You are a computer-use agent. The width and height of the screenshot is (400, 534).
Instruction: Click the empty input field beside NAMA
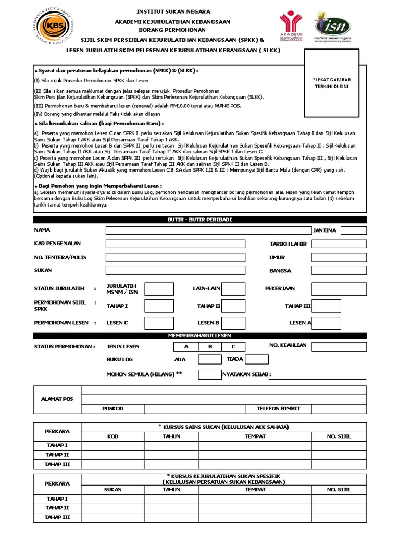point(207,230)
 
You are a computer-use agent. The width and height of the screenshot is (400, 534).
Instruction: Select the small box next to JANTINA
point(354,230)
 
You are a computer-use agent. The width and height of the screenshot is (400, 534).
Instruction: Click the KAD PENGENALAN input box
point(175,244)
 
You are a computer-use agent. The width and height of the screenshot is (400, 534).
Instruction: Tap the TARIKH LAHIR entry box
point(340,244)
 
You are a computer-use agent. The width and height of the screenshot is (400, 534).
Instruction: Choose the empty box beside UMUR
point(340,258)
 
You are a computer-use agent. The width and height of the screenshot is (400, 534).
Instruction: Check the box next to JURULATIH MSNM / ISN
point(159,289)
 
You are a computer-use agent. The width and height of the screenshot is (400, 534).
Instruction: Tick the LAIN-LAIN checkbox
point(233,289)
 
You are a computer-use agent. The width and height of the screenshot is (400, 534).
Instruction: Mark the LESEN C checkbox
point(159,322)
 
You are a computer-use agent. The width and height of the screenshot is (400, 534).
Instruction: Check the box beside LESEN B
point(233,322)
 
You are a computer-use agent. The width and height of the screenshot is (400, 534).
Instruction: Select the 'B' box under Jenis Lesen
point(210,347)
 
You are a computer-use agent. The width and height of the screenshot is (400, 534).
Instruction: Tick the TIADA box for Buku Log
point(257,359)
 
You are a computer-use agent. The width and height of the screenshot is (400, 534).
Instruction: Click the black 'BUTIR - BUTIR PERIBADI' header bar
point(200,220)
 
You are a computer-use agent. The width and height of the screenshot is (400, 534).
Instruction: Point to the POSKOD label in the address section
point(113,409)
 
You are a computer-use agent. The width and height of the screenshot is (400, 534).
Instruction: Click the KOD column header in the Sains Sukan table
point(113,436)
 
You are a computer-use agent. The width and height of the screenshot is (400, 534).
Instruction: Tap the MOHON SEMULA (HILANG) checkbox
point(210,374)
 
